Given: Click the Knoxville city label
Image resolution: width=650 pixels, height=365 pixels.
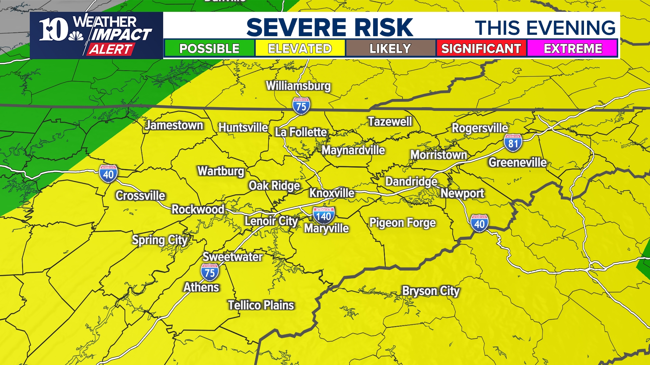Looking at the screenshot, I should (x=332, y=193).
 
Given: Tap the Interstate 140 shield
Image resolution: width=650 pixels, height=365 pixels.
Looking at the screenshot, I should (x=324, y=216).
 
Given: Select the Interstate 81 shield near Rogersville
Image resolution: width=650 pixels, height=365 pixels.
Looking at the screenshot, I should (x=513, y=143).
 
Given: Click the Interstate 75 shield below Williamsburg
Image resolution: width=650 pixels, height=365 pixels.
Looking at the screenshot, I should (x=301, y=106).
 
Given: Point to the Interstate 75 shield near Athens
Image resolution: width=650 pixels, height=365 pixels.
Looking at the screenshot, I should (x=210, y=272).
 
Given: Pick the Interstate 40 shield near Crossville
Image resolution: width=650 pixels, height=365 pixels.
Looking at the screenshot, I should (x=108, y=174).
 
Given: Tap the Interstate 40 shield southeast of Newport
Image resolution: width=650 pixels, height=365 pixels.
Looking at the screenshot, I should (x=479, y=223).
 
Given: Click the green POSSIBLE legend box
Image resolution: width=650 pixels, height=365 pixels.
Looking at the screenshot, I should (x=209, y=48).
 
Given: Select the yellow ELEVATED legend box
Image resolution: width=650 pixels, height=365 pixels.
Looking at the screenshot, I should (x=300, y=48).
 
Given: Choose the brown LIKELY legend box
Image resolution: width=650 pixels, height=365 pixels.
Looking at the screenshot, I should (x=390, y=48).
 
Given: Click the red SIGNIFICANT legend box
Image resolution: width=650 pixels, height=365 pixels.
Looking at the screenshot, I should (x=481, y=48).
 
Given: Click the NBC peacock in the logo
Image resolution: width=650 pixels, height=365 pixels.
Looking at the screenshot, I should (x=76, y=36).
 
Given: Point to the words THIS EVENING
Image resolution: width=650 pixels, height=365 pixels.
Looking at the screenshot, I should (x=545, y=28).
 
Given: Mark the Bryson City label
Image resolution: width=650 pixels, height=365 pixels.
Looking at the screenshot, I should (x=431, y=291).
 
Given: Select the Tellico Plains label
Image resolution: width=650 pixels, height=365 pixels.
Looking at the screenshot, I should (x=261, y=305).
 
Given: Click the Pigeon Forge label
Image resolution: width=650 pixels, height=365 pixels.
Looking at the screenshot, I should (x=402, y=223).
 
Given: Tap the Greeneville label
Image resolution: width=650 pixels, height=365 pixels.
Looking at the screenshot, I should (x=517, y=163).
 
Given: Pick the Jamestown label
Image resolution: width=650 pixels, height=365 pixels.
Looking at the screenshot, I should (x=174, y=125).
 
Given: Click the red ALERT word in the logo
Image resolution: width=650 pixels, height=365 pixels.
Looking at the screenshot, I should (x=110, y=49).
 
